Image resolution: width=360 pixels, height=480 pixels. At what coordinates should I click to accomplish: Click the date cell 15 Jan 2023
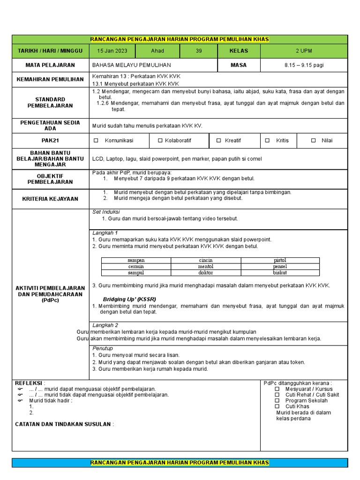(112, 51)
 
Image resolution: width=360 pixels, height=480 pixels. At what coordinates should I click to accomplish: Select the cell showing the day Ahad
(157, 51)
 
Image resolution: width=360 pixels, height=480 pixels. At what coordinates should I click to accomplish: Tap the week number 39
(199, 51)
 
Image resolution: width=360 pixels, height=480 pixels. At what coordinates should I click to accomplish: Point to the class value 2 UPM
(304, 51)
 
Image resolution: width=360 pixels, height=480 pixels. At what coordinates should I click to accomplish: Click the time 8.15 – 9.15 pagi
(304, 65)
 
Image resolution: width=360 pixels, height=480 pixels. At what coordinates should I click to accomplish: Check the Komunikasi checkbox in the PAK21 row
(96, 141)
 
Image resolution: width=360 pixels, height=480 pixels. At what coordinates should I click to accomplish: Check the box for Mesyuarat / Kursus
(277, 389)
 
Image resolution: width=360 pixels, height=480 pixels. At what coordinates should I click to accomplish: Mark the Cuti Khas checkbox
(277, 406)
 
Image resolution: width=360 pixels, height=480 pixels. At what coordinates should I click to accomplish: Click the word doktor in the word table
(205, 272)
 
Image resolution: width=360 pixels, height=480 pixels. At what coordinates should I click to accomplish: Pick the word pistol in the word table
(280, 260)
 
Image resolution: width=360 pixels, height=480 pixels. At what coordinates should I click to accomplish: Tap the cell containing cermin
(136, 266)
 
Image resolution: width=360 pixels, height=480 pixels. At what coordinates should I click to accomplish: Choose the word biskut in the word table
(280, 272)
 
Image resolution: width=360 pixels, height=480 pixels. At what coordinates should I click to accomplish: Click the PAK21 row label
(50, 141)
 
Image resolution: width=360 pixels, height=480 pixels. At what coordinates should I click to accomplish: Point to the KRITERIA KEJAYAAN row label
(50, 199)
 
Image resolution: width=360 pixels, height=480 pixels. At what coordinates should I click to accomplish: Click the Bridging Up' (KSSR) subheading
(129, 299)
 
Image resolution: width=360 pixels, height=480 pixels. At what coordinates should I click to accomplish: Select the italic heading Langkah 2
(105, 325)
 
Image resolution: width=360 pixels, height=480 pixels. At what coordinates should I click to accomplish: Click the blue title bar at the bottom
(180, 463)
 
